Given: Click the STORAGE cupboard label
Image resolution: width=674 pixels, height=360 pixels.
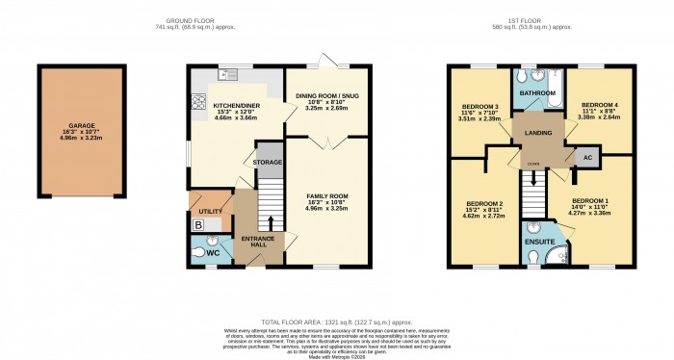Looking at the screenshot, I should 268,163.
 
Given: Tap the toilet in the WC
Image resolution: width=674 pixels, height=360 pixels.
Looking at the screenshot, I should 199,251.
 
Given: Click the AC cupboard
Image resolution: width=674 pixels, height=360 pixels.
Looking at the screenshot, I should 585,156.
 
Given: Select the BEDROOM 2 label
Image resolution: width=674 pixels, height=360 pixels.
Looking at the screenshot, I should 485,204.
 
